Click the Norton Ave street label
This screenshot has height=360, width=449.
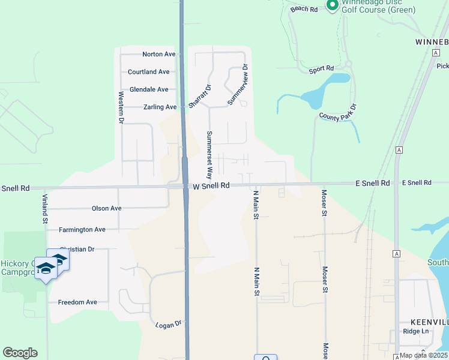pos(158,54)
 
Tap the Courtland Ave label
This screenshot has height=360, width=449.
pos(148,72)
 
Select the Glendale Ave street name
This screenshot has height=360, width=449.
pos(149,89)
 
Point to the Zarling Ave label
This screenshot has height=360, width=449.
pos(160,107)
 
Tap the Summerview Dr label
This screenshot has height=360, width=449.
pos(238,85)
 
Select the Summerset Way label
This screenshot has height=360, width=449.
pos(209,156)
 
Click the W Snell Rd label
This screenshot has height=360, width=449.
pos(211,186)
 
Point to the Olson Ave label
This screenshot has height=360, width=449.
pos(106,208)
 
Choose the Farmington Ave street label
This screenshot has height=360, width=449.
pos(82,229)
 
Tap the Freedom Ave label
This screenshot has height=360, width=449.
pos(77,302)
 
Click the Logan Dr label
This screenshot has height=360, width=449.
pos(168,324)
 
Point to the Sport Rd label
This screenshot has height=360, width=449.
pos(321,70)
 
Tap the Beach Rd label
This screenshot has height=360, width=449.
pos(304,8)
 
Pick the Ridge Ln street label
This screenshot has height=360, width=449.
pos(416,331)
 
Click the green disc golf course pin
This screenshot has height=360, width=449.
pos(332,5)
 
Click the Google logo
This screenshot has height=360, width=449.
pos(20,353)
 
